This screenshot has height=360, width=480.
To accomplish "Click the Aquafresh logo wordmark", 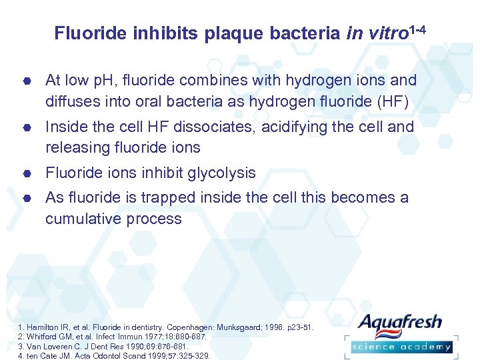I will [400, 324].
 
